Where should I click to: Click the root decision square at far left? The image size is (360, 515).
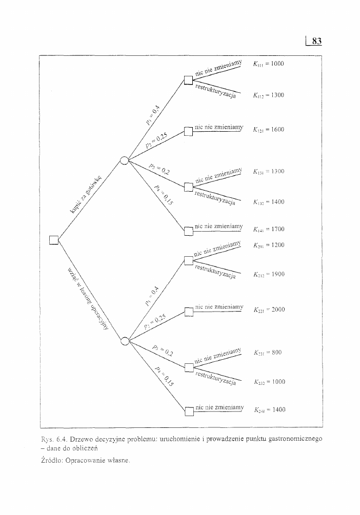[x=54, y=239]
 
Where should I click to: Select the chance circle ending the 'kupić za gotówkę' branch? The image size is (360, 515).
[x=124, y=161]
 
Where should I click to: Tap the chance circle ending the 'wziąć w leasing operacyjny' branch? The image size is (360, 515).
[x=124, y=340]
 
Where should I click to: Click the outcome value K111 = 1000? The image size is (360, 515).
[x=268, y=65]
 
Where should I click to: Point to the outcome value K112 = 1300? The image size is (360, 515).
[x=268, y=95]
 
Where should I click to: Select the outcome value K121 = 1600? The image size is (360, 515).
[x=268, y=130]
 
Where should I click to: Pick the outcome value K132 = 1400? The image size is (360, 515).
[x=268, y=202]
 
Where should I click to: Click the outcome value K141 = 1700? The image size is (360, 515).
[x=268, y=230]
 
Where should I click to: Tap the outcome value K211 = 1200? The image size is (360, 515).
[x=268, y=245]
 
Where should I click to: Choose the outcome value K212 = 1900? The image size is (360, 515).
[x=268, y=275]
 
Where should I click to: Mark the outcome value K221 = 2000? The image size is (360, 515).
[x=268, y=310]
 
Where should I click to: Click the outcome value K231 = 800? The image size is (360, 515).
[x=267, y=353]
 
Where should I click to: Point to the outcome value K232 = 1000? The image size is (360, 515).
[x=268, y=382]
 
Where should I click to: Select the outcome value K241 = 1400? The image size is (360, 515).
[x=269, y=410]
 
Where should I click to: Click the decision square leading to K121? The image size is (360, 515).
[x=188, y=131]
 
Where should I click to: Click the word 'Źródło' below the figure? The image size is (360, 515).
[x=51, y=460]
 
